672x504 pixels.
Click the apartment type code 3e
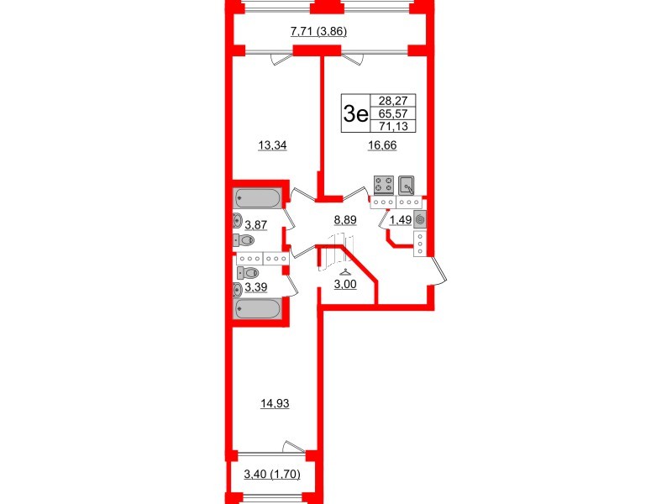point(355,113)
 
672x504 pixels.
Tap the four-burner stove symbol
point(383,185)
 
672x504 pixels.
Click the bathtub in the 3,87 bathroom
point(259,198)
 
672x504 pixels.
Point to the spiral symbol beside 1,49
point(420,219)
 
